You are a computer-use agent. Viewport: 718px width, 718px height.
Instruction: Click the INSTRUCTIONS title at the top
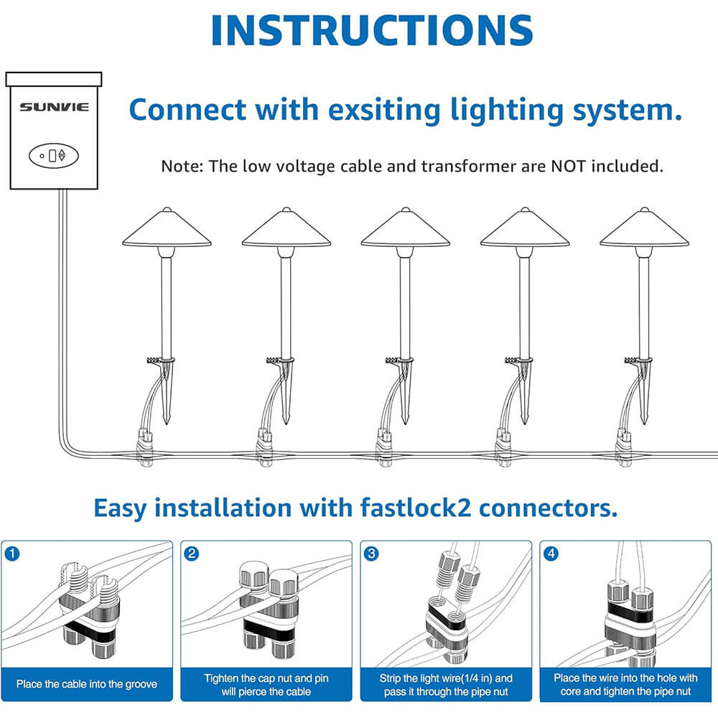(371, 30)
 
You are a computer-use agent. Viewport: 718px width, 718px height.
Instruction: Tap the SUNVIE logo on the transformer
(54, 107)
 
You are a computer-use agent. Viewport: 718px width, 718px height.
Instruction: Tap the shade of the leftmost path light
(167, 230)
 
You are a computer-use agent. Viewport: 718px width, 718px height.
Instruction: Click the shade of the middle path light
(406, 230)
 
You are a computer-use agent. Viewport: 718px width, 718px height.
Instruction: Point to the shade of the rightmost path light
(644, 230)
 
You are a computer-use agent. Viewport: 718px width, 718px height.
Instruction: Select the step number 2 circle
(191, 554)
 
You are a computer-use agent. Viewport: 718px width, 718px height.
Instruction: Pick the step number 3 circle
(370, 554)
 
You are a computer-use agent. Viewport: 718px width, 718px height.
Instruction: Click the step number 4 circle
(550, 554)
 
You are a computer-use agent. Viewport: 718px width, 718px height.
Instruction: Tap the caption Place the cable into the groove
(86, 684)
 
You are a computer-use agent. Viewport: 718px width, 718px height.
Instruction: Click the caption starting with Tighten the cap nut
(266, 684)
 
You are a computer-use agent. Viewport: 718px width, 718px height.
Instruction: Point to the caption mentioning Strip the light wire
(445, 684)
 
